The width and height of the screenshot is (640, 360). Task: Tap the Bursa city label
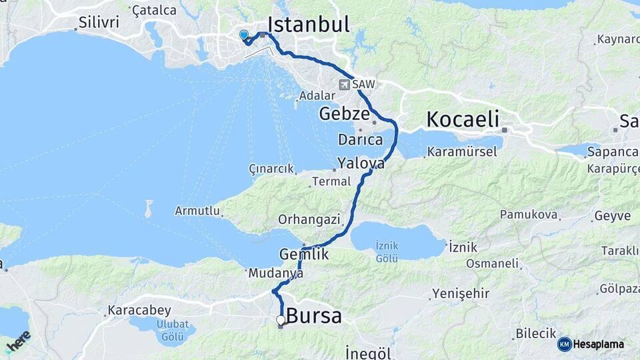click(313, 315)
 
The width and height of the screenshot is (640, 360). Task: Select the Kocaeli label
click(462, 120)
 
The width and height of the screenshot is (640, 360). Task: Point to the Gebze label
click(344, 113)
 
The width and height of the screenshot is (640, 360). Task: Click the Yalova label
click(361, 163)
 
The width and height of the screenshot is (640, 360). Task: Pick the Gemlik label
click(304, 254)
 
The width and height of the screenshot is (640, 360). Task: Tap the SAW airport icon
click(344, 85)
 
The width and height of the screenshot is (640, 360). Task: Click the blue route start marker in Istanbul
click(243, 35)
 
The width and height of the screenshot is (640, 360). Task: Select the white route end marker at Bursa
click(281, 321)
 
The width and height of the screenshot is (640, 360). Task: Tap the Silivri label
click(99, 22)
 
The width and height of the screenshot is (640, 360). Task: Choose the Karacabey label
click(139, 310)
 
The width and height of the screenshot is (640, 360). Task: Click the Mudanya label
click(275, 273)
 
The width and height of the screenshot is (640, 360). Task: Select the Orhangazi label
click(309, 219)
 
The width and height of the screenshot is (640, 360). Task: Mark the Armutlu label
click(197, 211)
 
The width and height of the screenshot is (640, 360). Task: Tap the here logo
click(18, 341)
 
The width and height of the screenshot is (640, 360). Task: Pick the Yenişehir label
click(461, 293)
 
